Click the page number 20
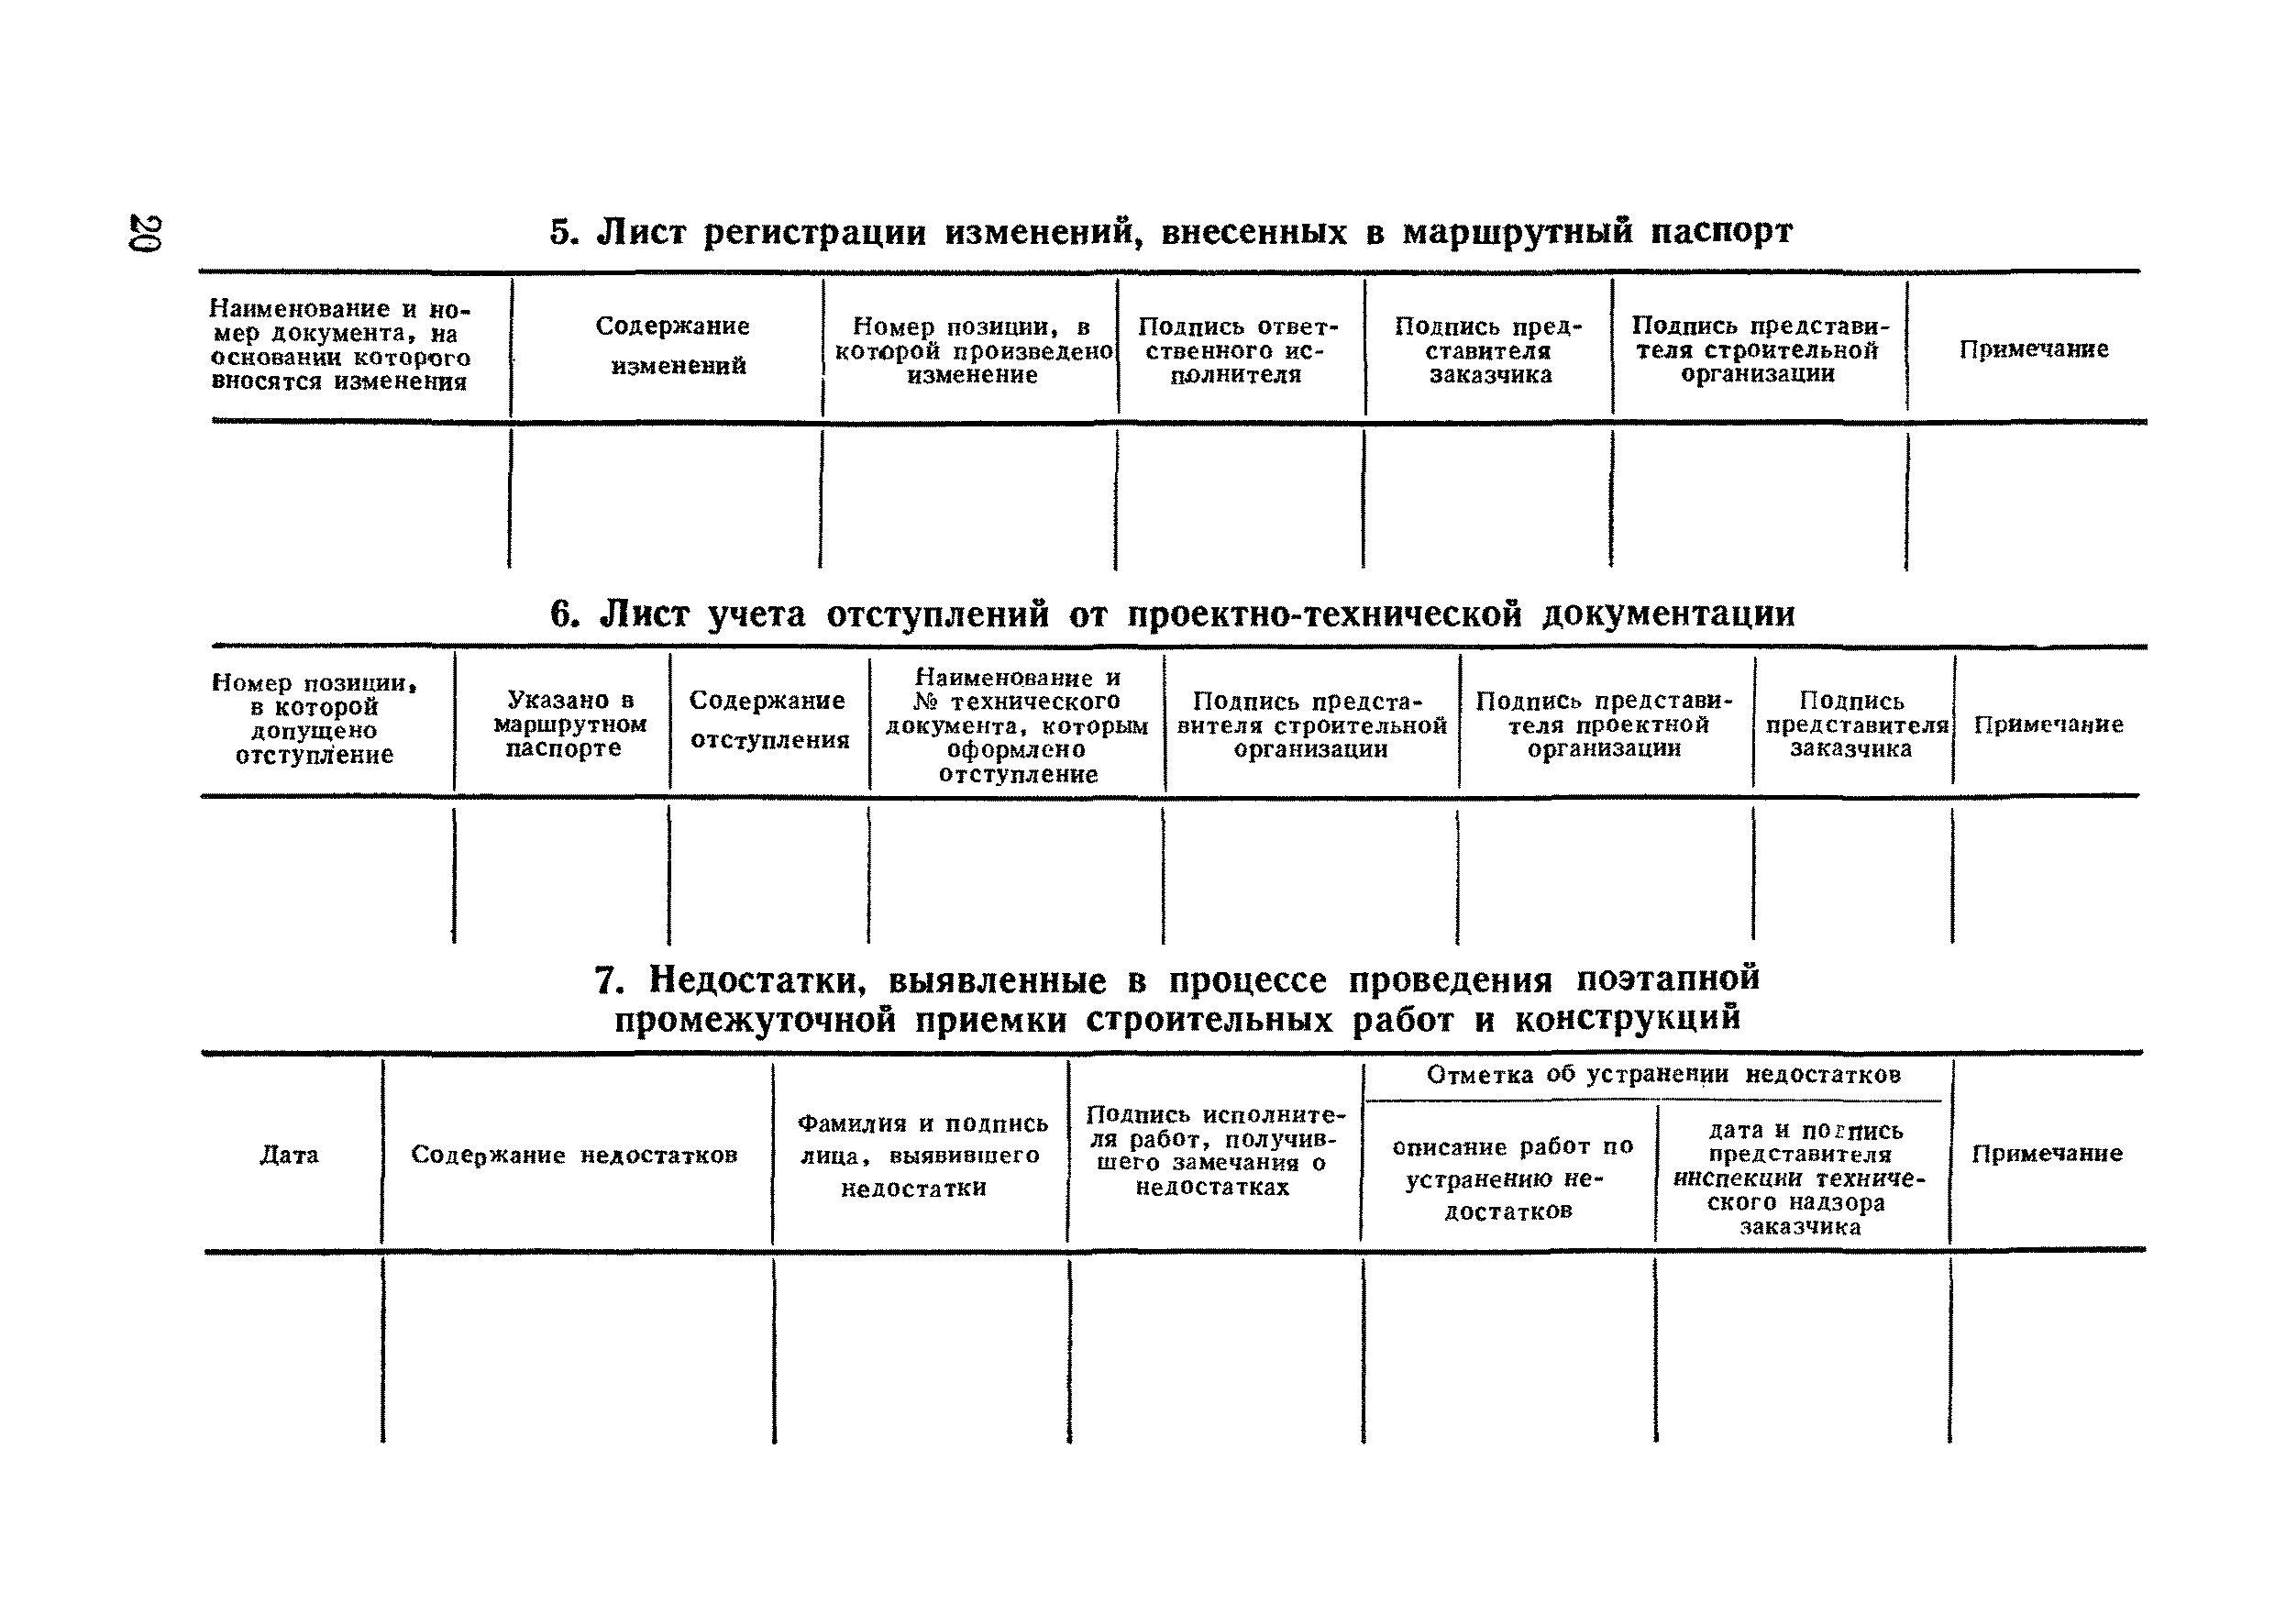click(x=145, y=233)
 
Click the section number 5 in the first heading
click(x=562, y=233)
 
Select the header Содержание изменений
click(x=674, y=346)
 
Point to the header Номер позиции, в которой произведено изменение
click(x=972, y=350)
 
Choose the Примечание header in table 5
click(x=2033, y=349)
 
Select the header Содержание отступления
click(x=769, y=720)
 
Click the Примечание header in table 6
click(x=2049, y=725)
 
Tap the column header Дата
click(x=290, y=1156)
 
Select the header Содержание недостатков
click(x=574, y=1156)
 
